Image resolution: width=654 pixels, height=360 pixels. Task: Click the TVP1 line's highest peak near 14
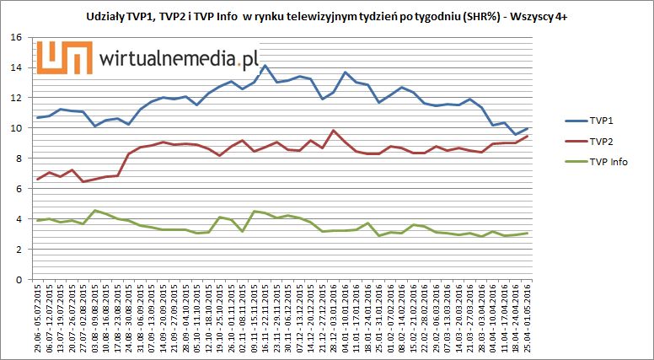click(265, 65)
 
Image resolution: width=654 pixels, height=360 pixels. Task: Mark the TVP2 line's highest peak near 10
click(334, 130)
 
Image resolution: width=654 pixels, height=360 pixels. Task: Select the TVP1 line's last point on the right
click(528, 128)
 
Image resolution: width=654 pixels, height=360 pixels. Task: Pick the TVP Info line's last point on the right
click(528, 233)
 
